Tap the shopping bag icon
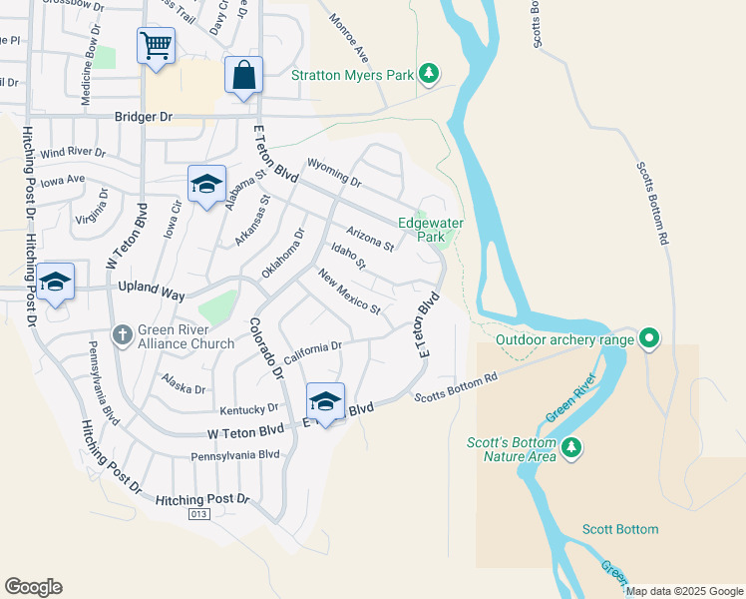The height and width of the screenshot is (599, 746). (244, 76)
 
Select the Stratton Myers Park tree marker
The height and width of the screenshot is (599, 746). (429, 73)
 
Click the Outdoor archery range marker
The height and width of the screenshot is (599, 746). (650, 338)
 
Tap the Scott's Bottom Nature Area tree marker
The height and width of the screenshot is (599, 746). (572, 448)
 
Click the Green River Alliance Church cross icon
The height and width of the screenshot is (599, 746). (122, 334)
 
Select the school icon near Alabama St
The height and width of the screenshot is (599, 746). (207, 185)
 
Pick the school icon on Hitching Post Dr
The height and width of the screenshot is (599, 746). (56, 283)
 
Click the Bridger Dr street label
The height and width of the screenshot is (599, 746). (143, 117)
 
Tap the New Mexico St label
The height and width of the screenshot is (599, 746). (349, 292)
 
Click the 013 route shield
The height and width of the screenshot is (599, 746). (199, 513)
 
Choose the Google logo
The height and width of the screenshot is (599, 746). (34, 587)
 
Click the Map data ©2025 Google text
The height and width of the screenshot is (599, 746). (684, 591)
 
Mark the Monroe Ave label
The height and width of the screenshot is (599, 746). (349, 36)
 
